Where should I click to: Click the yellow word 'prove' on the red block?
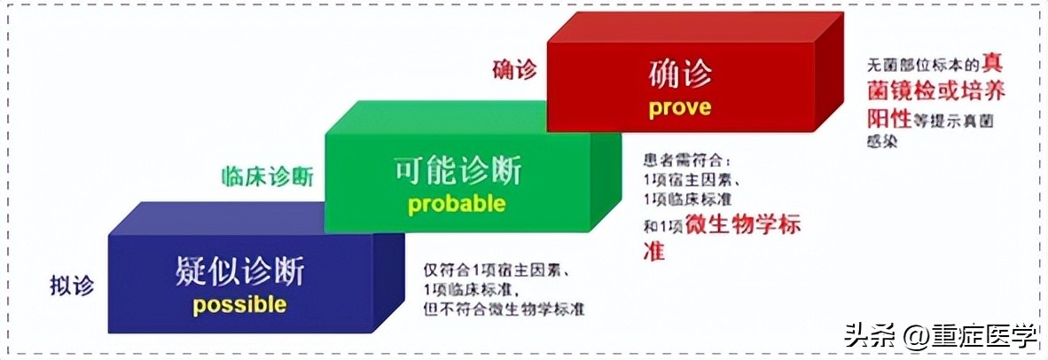(679, 107)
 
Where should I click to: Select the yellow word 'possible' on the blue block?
(239, 305)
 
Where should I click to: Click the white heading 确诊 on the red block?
(680, 75)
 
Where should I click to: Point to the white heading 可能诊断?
(457, 171)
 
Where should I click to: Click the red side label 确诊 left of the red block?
(514, 69)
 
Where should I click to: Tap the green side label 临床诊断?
(267, 176)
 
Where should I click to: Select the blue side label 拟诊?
(72, 286)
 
